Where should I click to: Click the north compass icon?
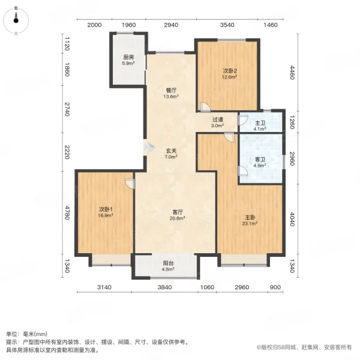click(x=16, y=20)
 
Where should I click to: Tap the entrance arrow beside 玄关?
click(x=149, y=146)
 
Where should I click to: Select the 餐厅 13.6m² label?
click(x=171, y=93)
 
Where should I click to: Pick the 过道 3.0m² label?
click(x=217, y=122)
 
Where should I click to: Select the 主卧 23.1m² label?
click(x=250, y=220)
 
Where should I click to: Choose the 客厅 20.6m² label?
click(x=178, y=215)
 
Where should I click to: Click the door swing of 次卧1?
click(x=130, y=184)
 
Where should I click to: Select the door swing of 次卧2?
click(x=205, y=107)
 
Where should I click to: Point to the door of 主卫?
click(x=243, y=120)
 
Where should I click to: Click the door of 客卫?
click(x=243, y=171)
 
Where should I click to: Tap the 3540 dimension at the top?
click(x=227, y=25)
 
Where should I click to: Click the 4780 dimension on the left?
click(x=67, y=212)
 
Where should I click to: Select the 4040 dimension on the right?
click(x=292, y=219)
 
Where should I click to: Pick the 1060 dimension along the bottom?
click(x=207, y=287)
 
